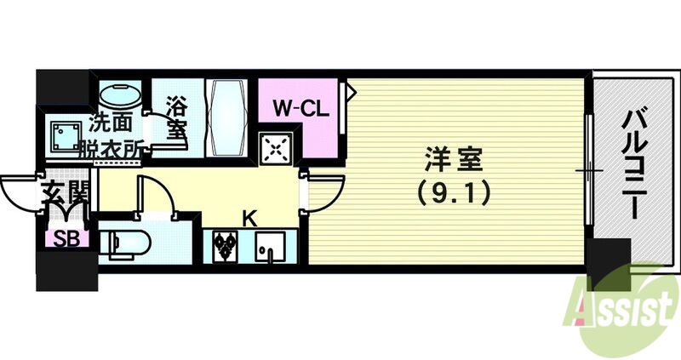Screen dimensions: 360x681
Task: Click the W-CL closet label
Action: point(296,108)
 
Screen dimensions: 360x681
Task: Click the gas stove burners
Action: point(226,244)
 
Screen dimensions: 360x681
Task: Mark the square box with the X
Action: point(277,150)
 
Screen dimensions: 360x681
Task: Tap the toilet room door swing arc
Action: point(159,194)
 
